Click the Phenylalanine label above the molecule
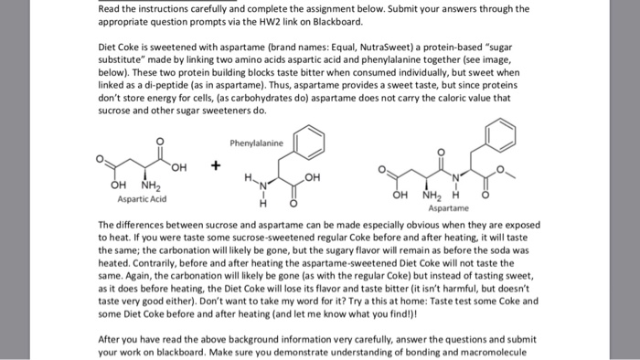click(258, 143)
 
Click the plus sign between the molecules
click(215, 166)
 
